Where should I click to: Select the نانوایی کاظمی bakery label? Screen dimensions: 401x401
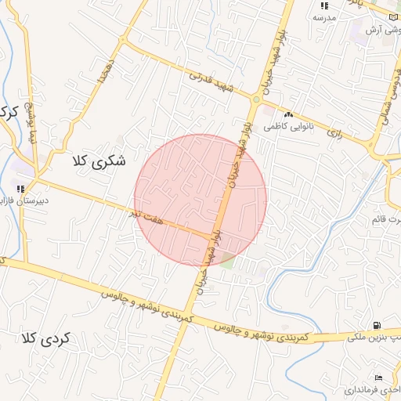(288, 125)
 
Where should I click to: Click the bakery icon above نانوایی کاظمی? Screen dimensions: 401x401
(288, 114)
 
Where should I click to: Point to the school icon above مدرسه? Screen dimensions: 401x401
(324, 5)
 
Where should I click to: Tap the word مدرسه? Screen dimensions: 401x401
(324, 16)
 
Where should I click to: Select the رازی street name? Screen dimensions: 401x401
(335, 133)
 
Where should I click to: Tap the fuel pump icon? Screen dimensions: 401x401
(377, 325)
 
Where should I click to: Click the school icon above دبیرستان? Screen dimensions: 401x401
(20, 188)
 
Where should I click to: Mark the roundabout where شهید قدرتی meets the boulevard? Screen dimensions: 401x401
(255, 99)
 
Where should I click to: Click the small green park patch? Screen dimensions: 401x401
(227, 260)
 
